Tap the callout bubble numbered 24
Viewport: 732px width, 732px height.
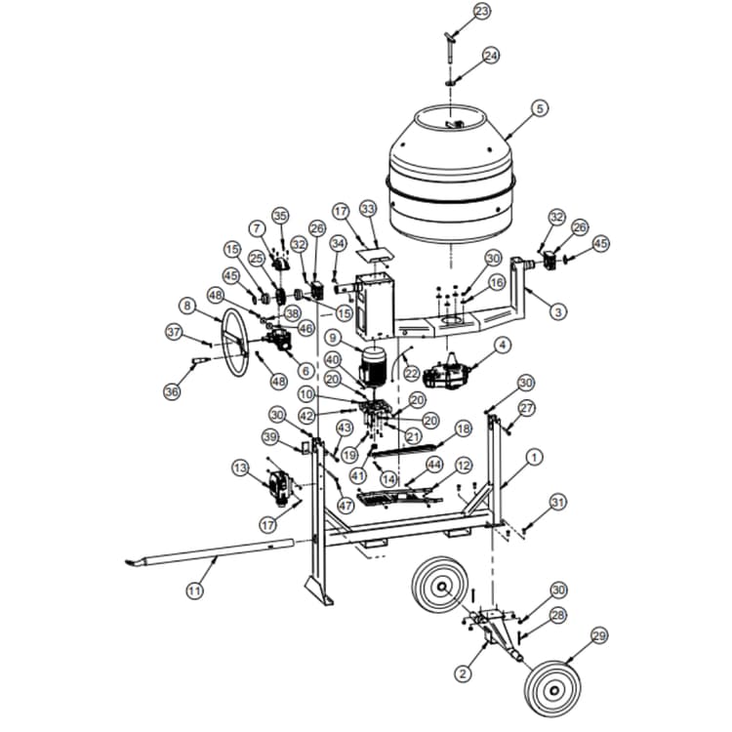tap(490, 56)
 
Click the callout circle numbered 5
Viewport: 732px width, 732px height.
tap(540, 109)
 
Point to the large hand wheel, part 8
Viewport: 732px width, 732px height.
tap(233, 342)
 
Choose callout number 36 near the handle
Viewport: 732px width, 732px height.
tap(172, 391)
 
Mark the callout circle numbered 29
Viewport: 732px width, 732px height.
tap(598, 635)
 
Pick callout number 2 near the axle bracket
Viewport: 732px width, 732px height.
tap(464, 671)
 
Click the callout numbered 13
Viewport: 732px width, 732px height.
tap(240, 468)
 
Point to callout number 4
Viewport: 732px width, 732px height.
tap(503, 345)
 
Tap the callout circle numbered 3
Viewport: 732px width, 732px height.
tap(557, 312)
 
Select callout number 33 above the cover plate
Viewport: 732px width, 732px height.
tap(367, 210)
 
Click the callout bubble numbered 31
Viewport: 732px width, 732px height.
tap(557, 502)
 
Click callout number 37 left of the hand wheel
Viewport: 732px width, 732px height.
tap(174, 333)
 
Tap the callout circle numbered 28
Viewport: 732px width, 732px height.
tap(558, 615)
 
